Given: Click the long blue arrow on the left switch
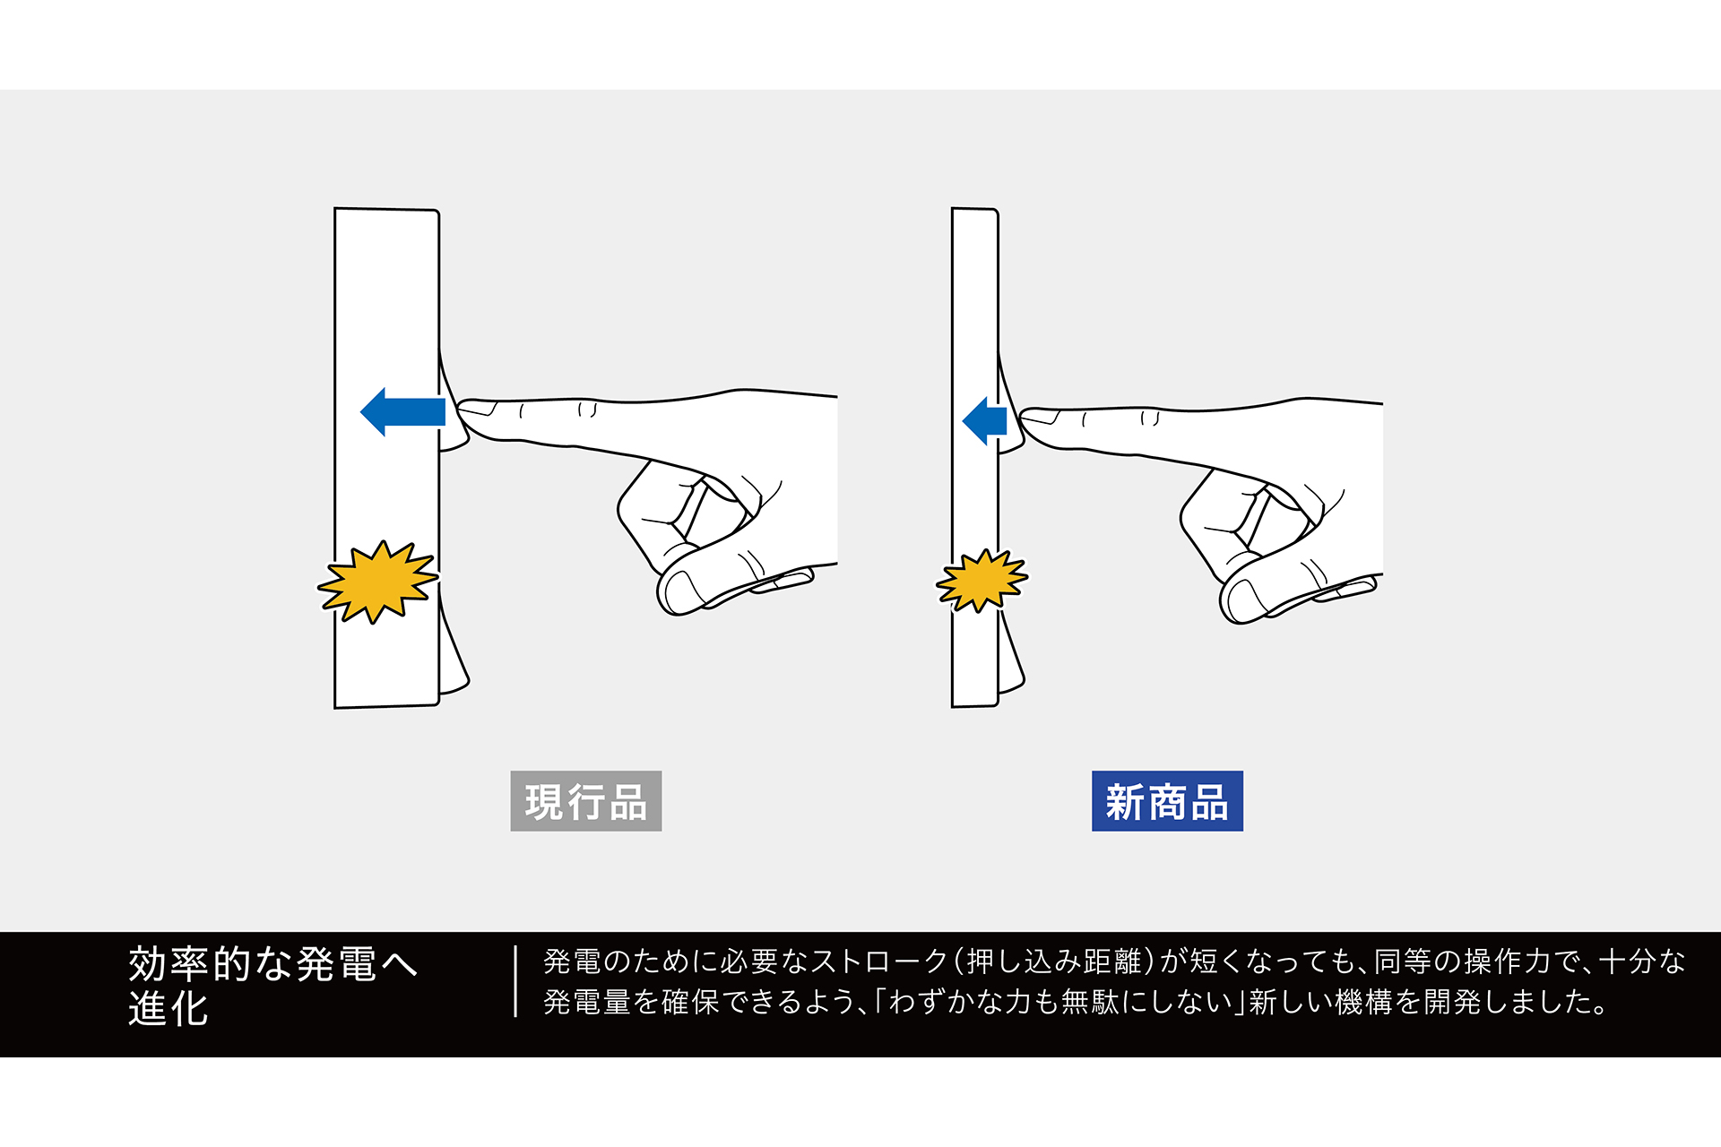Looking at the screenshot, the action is (x=402, y=412).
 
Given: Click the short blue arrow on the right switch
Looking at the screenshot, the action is (x=984, y=420).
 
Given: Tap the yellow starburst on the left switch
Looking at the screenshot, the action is (x=378, y=582).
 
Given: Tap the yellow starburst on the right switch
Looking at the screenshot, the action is (x=982, y=581).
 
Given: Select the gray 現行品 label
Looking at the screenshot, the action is (x=586, y=801).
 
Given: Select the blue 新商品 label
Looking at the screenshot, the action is (x=1167, y=801).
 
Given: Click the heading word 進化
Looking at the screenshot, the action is (x=169, y=1008).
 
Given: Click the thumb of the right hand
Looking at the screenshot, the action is (x=1291, y=591).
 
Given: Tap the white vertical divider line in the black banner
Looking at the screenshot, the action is (x=515, y=981).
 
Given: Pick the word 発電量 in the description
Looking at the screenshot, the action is (x=587, y=1002).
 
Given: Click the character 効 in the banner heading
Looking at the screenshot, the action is (x=148, y=964).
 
